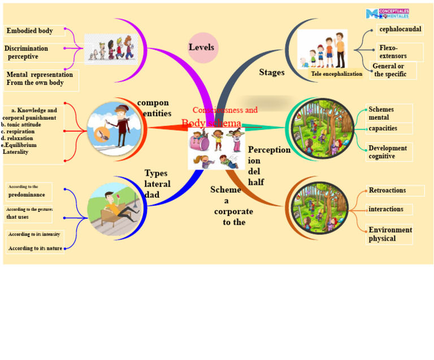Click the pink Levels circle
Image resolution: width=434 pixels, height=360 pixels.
pyautogui.click(x=202, y=47)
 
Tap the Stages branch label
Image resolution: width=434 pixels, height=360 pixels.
pyautogui.click(x=272, y=72)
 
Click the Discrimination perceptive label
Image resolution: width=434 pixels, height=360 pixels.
pyautogui.click(x=27, y=53)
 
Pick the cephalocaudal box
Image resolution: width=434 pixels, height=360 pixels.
pyautogui.click(x=400, y=29)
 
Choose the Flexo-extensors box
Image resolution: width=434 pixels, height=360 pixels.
pyautogui.click(x=400, y=52)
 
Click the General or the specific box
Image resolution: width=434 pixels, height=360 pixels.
pyautogui.click(x=393, y=70)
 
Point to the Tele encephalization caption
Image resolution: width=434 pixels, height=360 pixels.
pyautogui.click(x=336, y=74)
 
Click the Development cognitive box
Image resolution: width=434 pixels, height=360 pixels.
pyautogui.click(x=389, y=152)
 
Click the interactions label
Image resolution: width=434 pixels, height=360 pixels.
pyautogui.click(x=386, y=210)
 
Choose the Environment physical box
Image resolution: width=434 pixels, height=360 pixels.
pyautogui.click(x=389, y=235)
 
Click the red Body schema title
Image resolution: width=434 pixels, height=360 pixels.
pyautogui.click(x=211, y=123)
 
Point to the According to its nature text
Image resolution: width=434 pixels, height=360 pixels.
pyautogui.click(x=35, y=248)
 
